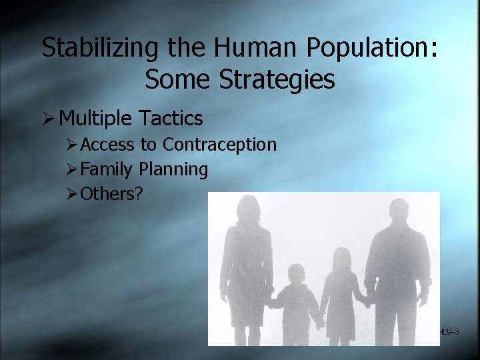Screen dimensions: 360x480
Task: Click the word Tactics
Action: click(171, 119)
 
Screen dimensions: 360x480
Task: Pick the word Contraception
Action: click(219, 145)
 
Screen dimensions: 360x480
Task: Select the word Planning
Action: click(173, 169)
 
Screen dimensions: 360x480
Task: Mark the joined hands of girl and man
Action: click(366, 302)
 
